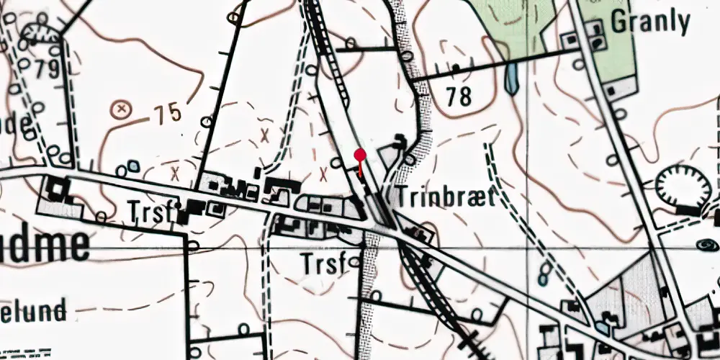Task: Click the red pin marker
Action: [361, 155]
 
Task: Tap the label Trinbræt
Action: [445, 197]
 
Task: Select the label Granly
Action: [650, 22]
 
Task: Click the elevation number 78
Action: [458, 95]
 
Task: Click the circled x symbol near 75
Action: [122, 109]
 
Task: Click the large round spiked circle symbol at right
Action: [683, 186]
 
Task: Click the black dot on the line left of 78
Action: [456, 68]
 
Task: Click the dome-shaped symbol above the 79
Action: [39, 32]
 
